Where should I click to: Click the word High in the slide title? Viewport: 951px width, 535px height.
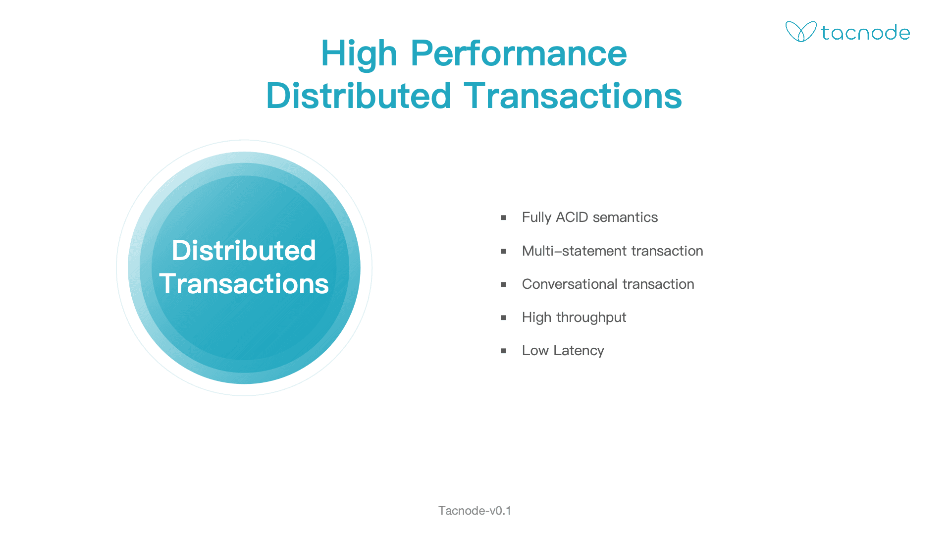pos(359,54)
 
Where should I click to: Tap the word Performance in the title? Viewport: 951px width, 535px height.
pos(519,53)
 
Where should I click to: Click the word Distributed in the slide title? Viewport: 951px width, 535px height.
pos(359,96)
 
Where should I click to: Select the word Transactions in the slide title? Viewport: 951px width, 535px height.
pos(573,96)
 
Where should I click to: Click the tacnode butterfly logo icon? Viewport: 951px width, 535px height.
pos(801,32)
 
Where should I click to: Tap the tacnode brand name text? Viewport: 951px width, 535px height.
pos(865,33)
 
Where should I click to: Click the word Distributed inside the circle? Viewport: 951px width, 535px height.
pos(244,250)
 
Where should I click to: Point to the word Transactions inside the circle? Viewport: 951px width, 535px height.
pos(244,284)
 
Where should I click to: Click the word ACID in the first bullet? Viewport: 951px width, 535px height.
pos(572,217)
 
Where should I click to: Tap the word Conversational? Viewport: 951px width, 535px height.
pos(570,284)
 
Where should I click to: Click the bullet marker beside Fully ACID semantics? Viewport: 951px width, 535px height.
pos(504,217)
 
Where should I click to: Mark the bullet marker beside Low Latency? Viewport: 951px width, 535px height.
pos(504,351)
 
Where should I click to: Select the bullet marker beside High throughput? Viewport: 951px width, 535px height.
pos(504,318)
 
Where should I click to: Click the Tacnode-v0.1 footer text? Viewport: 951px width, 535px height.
pos(475,511)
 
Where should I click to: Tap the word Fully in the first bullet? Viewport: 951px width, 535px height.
pos(537,218)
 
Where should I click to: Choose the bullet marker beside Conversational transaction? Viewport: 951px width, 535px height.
pos(504,284)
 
